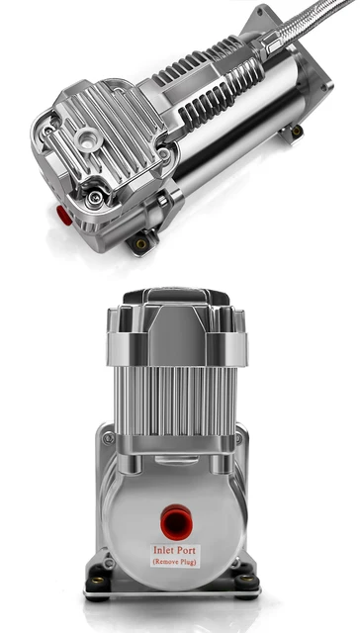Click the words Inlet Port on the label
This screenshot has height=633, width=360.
click(177, 549)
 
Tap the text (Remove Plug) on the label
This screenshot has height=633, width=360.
click(177, 562)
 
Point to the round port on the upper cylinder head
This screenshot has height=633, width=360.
click(88, 135)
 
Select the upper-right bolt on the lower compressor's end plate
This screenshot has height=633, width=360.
click(238, 437)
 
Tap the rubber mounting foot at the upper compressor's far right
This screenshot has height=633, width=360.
click(296, 130)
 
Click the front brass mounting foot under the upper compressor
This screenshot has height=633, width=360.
click(141, 242)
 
